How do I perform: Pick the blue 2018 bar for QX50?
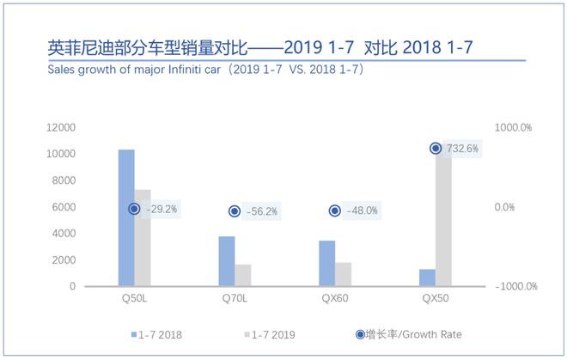pos(427,278)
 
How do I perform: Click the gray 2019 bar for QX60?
pos(344,274)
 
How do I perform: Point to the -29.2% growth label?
pos(162,209)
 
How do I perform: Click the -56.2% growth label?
pos(262,211)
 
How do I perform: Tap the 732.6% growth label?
pos(463,149)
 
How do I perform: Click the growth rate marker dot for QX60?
pos(335,211)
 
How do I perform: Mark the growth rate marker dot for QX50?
pos(436,149)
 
